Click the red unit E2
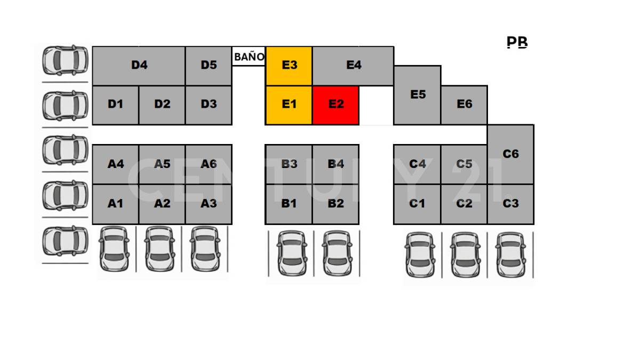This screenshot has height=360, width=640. [x=335, y=105]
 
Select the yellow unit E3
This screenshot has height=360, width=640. [x=289, y=66]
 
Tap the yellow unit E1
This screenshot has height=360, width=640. [x=289, y=105]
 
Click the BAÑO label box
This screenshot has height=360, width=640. [x=249, y=57]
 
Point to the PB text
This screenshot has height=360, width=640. [x=517, y=42]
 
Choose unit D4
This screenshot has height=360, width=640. [x=139, y=66]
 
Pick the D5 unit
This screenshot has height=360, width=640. [x=209, y=66]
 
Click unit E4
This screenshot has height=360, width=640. [x=353, y=66]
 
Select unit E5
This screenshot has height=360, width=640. [x=418, y=95]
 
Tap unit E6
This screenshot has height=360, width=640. [x=464, y=105]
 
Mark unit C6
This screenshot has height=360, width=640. [x=510, y=154]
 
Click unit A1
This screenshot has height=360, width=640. [x=115, y=204]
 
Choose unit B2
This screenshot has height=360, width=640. [x=335, y=204]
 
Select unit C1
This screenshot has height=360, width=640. [x=417, y=204]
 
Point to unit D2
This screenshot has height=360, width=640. [x=162, y=105]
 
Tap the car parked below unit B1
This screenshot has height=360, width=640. [x=291, y=253]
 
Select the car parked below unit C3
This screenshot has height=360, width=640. [x=511, y=255]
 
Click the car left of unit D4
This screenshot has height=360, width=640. [x=65, y=60]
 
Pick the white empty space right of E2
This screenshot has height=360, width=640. [x=376, y=105]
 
